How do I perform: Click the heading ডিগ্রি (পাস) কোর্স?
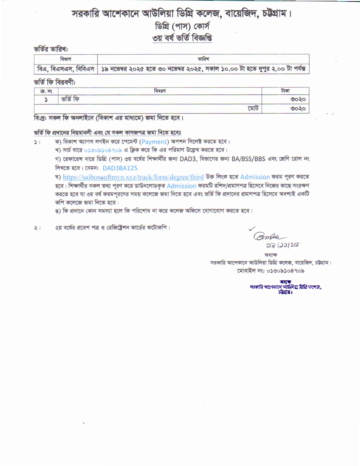coord(182,27)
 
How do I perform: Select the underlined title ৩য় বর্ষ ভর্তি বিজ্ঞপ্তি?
coord(182,38)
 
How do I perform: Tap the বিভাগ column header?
coord(66,59)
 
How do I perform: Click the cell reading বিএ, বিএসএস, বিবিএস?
coord(66,69)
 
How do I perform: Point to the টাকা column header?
coord(285,91)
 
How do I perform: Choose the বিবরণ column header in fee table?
coord(160,91)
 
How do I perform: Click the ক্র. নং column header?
coord(46,91)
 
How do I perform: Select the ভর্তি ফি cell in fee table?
coord(70,99)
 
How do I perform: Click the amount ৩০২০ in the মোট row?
coord(298,109)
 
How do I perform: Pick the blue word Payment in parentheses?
coord(154,142)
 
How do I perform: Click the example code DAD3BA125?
coord(120,168)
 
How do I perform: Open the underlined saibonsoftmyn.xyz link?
coord(133,177)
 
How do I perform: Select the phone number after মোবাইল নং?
coord(285,271)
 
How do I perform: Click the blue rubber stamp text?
coord(286,287)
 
